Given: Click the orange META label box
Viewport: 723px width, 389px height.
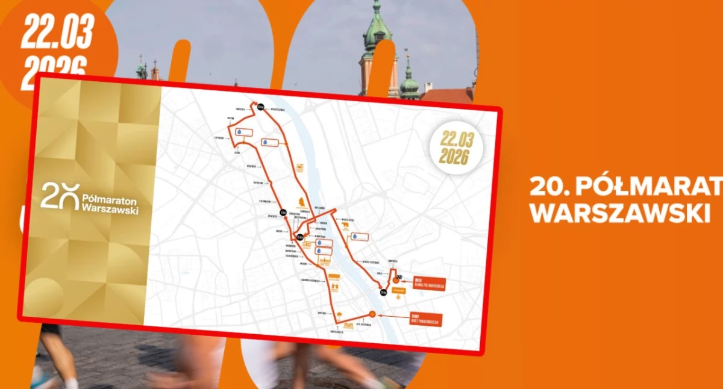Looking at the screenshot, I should tap(428, 284).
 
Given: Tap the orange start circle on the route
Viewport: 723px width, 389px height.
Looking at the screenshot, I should tap(372, 314).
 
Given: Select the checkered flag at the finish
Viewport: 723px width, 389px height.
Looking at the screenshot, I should tap(398, 276).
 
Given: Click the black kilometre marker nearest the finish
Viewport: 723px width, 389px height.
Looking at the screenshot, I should tap(383, 293).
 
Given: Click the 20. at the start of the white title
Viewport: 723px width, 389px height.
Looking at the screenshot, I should tap(549, 187).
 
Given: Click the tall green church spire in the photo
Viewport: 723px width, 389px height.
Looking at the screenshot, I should tap(376, 36).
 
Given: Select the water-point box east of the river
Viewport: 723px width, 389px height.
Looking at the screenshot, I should tap(360, 237).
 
